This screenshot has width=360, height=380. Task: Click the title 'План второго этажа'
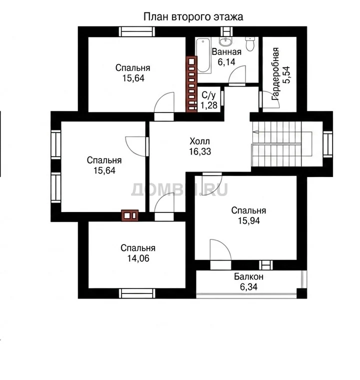click(x=193, y=17)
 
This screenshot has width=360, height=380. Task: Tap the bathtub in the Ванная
click(x=203, y=55)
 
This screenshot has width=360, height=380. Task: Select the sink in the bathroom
click(x=226, y=41)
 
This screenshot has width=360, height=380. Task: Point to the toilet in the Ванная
click(x=249, y=43)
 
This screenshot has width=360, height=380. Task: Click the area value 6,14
click(x=226, y=62)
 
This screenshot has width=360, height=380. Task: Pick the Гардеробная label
click(x=275, y=74)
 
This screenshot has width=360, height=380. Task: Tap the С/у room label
click(x=208, y=95)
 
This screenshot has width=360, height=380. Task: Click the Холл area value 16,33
click(x=200, y=151)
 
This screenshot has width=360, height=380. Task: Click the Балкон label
click(x=248, y=276)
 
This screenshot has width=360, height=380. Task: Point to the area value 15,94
click(x=248, y=221)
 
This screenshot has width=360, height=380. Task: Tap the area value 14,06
click(x=138, y=258)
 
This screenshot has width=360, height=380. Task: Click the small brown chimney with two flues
click(x=130, y=215)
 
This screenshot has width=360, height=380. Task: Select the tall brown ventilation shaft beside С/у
click(x=191, y=84)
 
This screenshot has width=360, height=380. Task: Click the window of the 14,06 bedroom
click(x=137, y=293)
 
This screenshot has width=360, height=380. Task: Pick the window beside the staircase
click(x=327, y=144)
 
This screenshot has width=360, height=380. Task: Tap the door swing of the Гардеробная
click(x=269, y=99)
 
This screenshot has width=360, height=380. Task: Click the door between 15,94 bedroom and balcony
click(x=220, y=254)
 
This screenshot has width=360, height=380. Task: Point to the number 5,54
click(x=286, y=75)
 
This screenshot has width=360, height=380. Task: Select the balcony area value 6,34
click(x=248, y=287)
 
